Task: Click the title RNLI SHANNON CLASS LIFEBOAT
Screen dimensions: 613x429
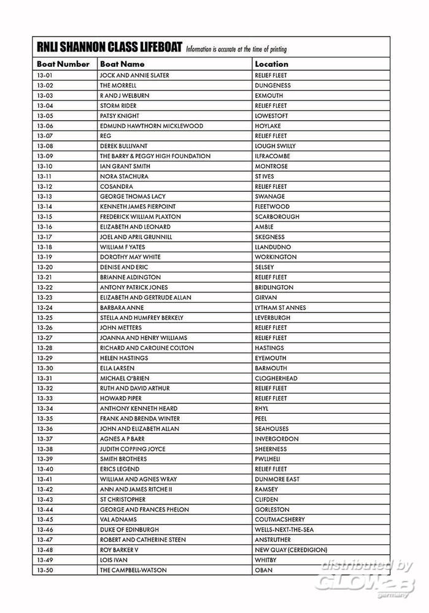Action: [109, 48]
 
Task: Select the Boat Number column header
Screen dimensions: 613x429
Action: [63, 64]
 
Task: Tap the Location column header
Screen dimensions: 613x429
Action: [271, 64]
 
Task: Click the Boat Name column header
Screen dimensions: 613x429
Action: [122, 64]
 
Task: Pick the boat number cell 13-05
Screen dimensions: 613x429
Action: [45, 116]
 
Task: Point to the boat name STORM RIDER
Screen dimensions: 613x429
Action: [118, 105]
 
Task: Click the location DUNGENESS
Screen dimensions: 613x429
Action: [272, 85]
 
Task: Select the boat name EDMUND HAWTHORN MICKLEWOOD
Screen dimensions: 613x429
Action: [151, 126]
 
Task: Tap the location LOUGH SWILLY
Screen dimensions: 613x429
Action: [275, 146]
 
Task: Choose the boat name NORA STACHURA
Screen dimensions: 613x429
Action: [124, 177]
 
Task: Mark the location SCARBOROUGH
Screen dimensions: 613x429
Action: [277, 217]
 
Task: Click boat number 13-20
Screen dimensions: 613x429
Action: [45, 267]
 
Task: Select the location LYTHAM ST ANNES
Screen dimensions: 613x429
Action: [280, 308]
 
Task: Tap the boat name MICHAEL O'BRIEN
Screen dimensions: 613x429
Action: [125, 378]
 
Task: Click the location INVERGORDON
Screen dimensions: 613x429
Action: [277, 439]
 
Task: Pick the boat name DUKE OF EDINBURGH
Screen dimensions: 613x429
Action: [129, 530]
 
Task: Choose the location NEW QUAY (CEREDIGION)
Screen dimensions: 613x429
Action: [291, 550]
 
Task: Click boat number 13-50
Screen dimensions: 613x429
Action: [45, 570]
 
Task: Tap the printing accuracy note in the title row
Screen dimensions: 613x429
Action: [236, 49]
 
